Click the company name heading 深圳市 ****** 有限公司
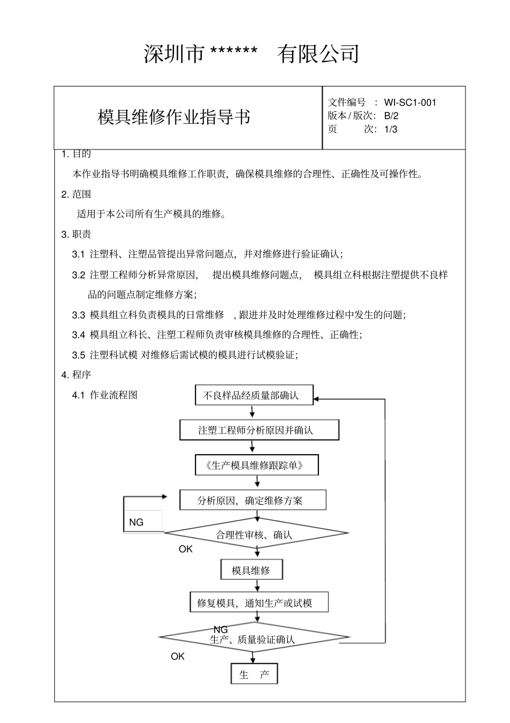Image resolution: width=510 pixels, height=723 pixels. pos(251,54)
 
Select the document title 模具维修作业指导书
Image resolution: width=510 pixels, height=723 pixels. pos(174,117)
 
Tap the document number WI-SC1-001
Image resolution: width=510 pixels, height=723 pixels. pos(410,103)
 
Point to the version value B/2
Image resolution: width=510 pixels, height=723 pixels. pos(391,116)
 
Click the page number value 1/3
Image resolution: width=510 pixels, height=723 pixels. pos(391,129)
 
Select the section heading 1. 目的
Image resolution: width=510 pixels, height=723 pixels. pos(76,154)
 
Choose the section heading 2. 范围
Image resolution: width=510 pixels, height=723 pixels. pos(76,194)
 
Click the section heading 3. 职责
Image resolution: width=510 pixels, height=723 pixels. pos(76,234)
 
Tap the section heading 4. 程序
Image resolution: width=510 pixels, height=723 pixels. pos(76,375)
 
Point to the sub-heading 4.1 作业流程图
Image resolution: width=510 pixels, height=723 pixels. pos(105,395)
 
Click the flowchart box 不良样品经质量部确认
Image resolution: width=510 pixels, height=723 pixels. pos(254,396)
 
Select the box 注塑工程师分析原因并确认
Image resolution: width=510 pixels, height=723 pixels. pos(259,430)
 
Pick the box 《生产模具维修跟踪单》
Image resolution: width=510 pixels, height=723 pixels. pos(256,466)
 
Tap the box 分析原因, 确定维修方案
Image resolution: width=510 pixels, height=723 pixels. pos(252,500)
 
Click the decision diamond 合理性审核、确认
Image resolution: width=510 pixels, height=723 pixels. pos(256,534)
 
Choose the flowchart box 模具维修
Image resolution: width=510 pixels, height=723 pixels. pos(251,570)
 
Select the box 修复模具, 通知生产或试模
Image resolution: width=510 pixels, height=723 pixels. pos(258,603)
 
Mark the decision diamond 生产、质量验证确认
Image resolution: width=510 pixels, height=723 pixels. pos(253,639)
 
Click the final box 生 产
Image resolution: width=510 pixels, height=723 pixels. pos(254,675)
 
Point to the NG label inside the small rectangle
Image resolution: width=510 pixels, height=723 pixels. pos(136,522)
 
